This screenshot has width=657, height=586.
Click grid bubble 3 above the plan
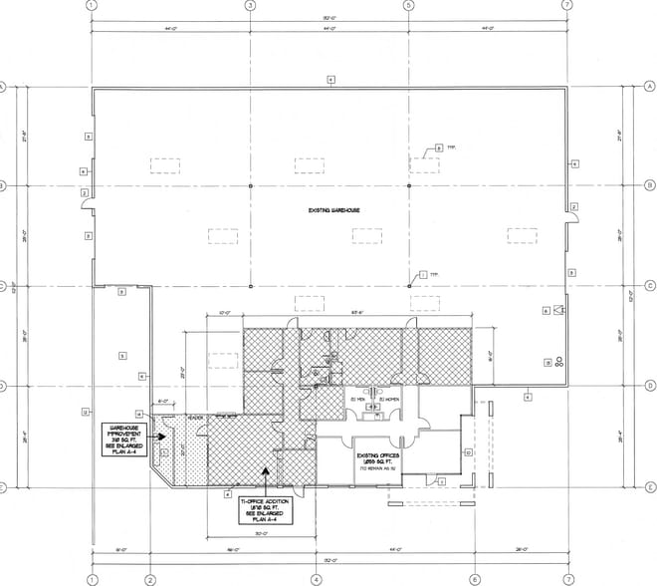(x=248, y=6)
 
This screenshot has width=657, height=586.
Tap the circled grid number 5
(x=408, y=6)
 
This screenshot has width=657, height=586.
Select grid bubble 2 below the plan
(x=150, y=579)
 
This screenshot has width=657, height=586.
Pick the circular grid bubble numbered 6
(x=474, y=579)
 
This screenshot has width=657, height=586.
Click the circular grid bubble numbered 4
(x=314, y=579)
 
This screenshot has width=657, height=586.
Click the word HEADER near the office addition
(x=196, y=419)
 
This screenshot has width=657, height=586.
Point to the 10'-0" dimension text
(x=226, y=313)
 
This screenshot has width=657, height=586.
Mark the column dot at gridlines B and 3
(x=248, y=186)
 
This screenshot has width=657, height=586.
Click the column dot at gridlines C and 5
(x=408, y=286)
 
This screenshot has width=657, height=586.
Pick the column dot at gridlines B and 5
(x=408, y=186)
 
